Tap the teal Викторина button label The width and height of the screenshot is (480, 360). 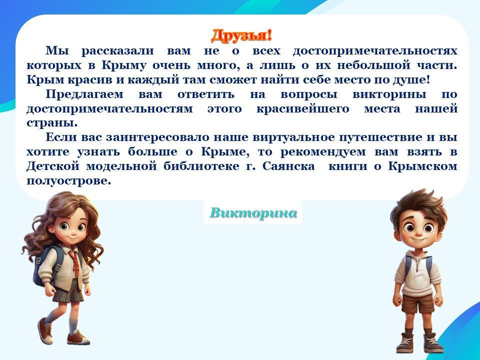[x=253, y=213]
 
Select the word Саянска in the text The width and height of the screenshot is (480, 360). [x=288, y=166]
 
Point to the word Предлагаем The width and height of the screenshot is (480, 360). [x=84, y=94]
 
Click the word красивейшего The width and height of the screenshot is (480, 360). [x=303, y=109]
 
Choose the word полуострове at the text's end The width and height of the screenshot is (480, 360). [x=68, y=181]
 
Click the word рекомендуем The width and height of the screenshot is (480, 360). [x=323, y=152]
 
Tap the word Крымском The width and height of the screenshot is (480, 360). [x=423, y=166]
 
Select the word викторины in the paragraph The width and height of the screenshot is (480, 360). [x=389, y=94]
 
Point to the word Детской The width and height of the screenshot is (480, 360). [x=52, y=166]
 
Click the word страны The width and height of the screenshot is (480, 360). [x=52, y=123]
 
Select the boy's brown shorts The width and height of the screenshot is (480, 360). [x=418, y=303]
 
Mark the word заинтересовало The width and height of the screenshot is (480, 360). [x=157, y=137]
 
